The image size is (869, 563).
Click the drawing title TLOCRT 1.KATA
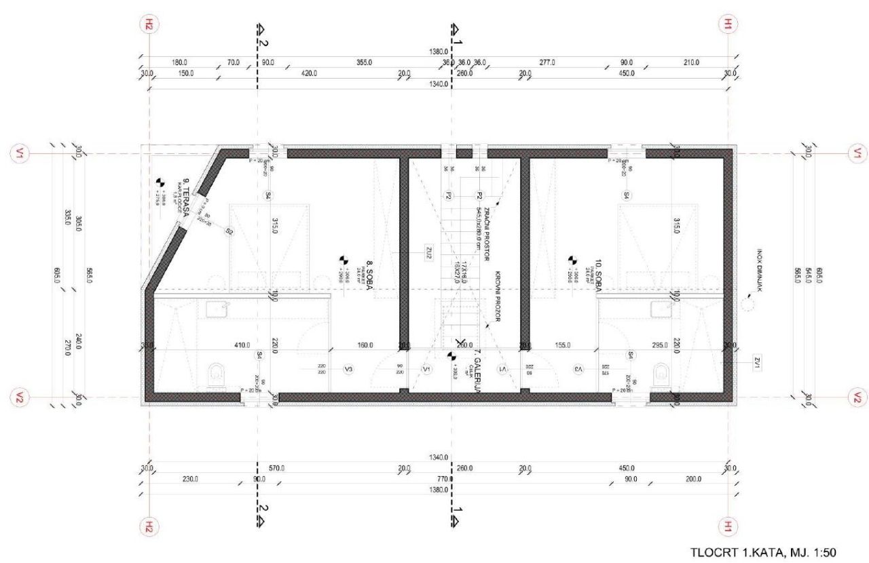[x=763, y=553]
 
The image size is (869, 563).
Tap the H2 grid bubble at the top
[x=149, y=25]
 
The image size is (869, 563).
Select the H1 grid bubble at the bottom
[x=727, y=526]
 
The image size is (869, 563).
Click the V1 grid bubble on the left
[x=18, y=154]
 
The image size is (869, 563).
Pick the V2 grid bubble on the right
[x=857, y=397]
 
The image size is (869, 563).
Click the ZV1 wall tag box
[x=758, y=364]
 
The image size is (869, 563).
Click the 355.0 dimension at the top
[x=364, y=62]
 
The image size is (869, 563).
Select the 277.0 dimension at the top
[x=547, y=62]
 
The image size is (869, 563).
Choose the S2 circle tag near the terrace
[x=229, y=231]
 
